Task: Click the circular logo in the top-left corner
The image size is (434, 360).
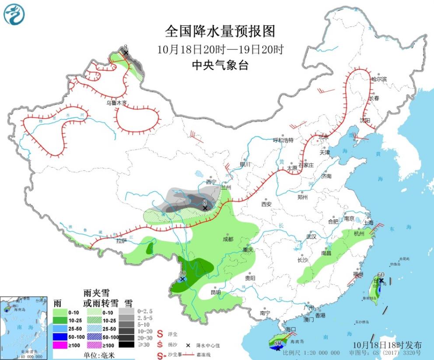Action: pos(14,14)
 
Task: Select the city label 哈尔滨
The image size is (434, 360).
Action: pos(379,79)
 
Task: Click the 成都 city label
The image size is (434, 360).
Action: pos(227,239)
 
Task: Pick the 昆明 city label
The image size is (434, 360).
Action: pos(215,292)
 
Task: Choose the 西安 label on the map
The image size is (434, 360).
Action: pos(266,204)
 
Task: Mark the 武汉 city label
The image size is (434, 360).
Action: pos(311,236)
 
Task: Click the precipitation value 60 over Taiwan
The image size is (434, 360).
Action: pos(380,275)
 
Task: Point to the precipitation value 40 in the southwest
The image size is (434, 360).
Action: pos(182,273)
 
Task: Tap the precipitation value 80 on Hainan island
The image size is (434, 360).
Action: pos(277,343)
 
